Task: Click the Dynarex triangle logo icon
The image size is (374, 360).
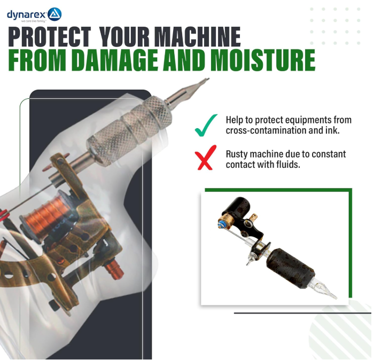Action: pyautogui.click(x=54, y=14)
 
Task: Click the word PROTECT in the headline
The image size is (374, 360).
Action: pyautogui.click(x=50, y=37)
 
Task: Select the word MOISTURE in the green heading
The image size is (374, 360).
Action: pyautogui.click(x=263, y=60)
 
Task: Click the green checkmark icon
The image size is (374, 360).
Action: pyautogui.click(x=206, y=125)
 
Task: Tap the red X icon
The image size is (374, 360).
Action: pyautogui.click(x=206, y=158)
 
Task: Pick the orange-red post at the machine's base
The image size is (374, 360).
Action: pyautogui.click(x=114, y=269)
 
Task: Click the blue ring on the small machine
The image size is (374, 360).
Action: pyautogui.click(x=221, y=224)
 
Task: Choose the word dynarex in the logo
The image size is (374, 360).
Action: pyautogui.click(x=27, y=15)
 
